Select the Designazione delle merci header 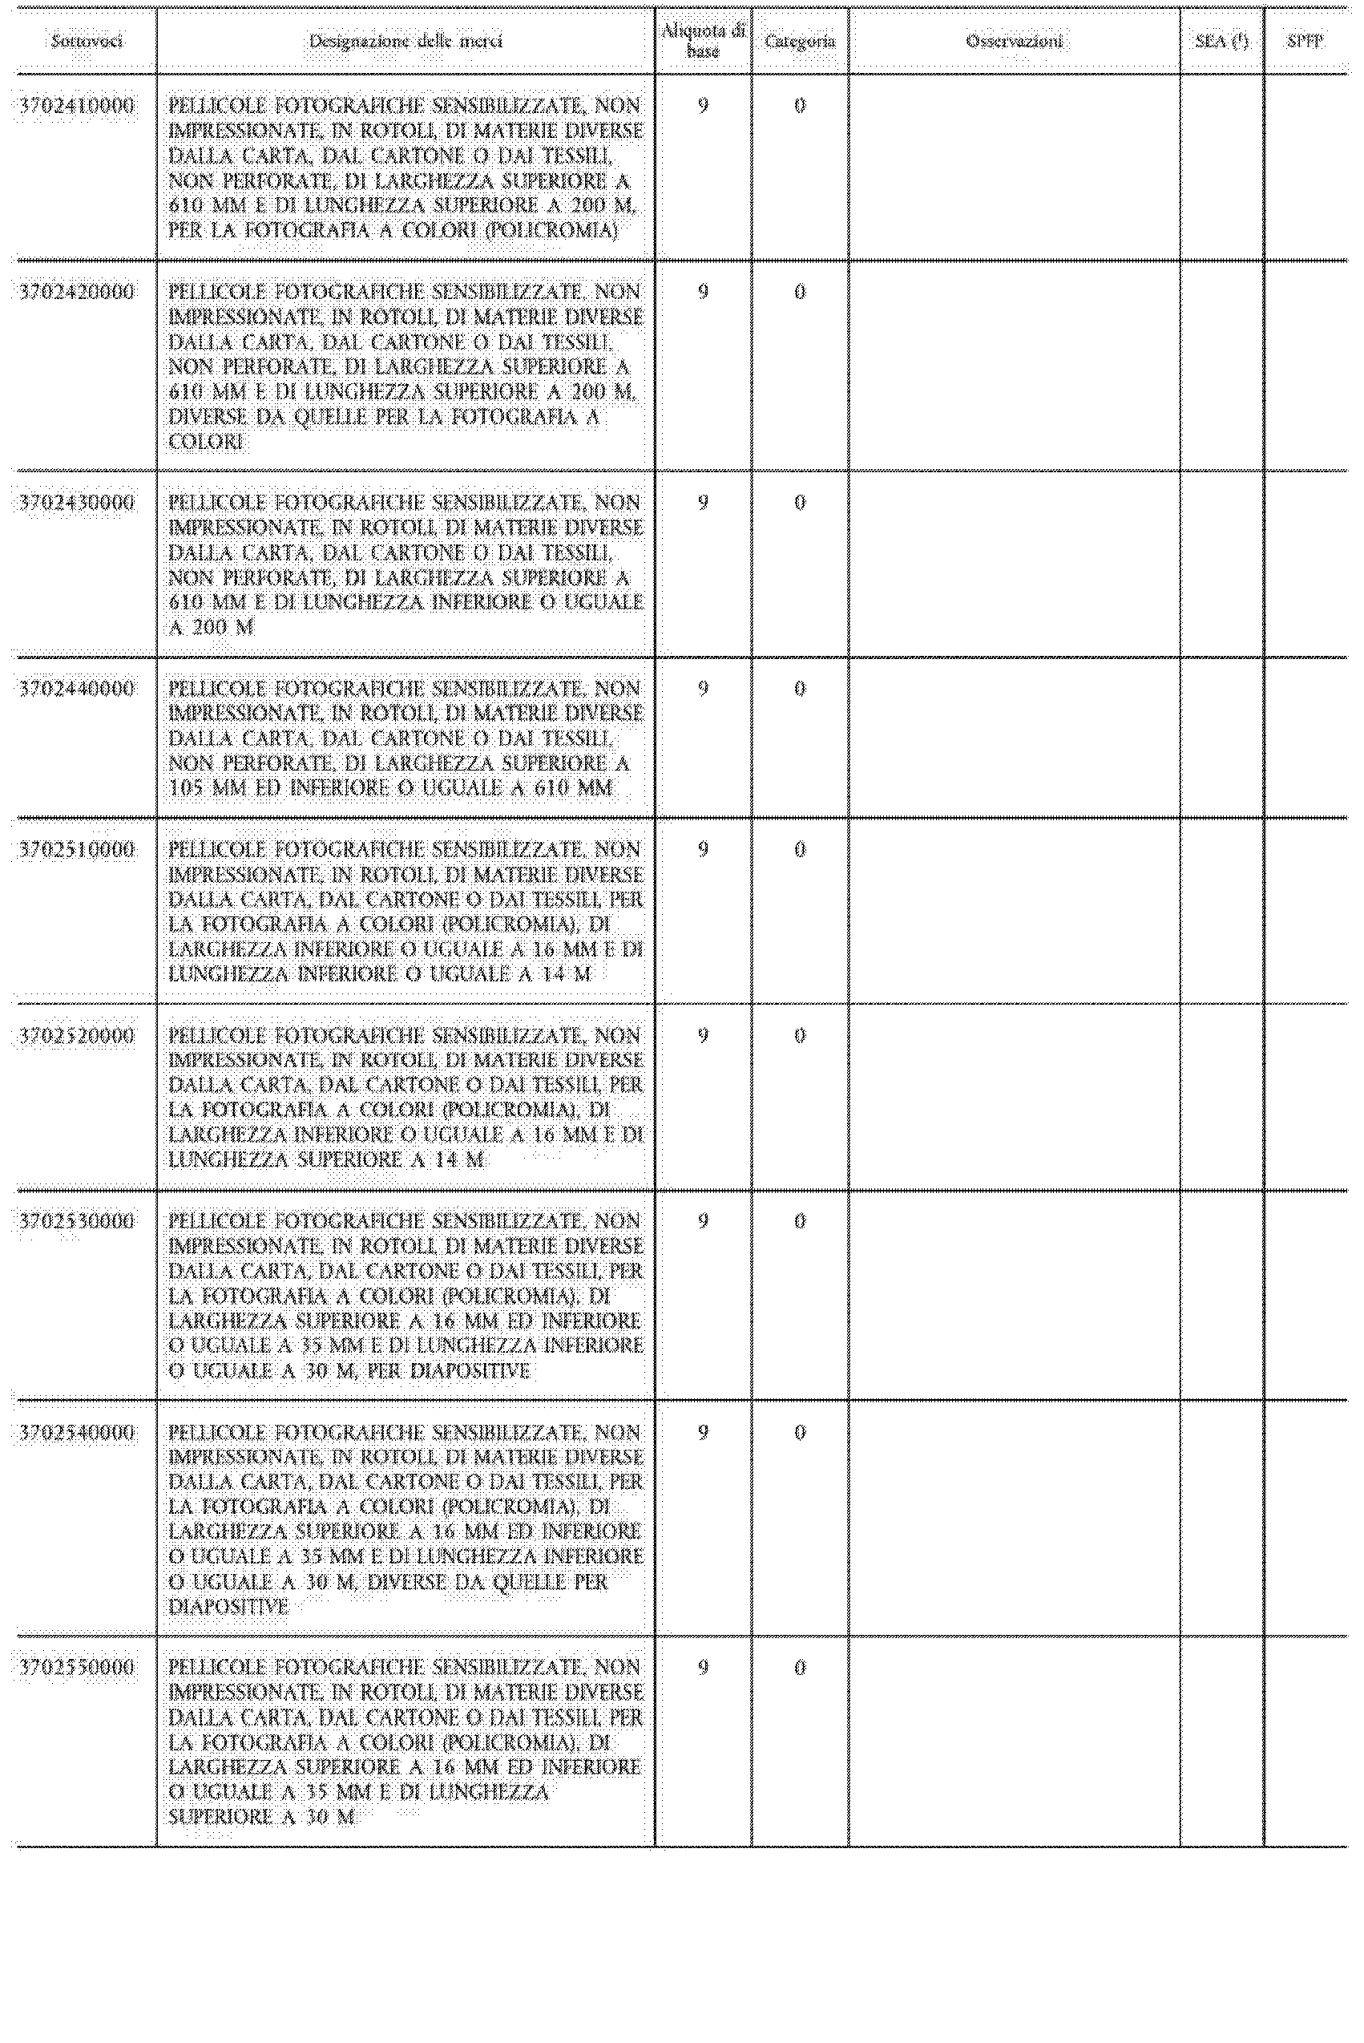(x=406, y=41)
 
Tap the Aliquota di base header (x=703, y=41)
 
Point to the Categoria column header (x=800, y=41)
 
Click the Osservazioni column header (x=1014, y=41)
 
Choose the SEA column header (x=1221, y=41)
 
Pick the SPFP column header (x=1304, y=41)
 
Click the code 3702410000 (x=77, y=106)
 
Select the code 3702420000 (x=77, y=292)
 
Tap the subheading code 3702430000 (x=77, y=503)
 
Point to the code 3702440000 (x=77, y=689)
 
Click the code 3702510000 (x=77, y=849)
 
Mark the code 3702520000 (x=77, y=1035)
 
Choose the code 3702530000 (x=77, y=1222)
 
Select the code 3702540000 (x=77, y=1433)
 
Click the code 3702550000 (x=77, y=1668)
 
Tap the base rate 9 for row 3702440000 (x=703, y=689)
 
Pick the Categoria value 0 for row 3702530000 (x=800, y=1222)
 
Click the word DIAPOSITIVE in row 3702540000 (x=228, y=1607)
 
